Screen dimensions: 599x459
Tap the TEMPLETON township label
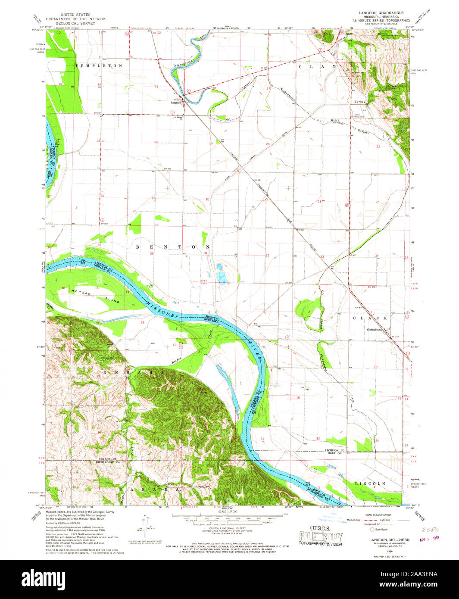click(x=99, y=66)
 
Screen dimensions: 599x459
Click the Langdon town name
click(x=175, y=103)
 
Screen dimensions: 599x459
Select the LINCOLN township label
click(x=370, y=484)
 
